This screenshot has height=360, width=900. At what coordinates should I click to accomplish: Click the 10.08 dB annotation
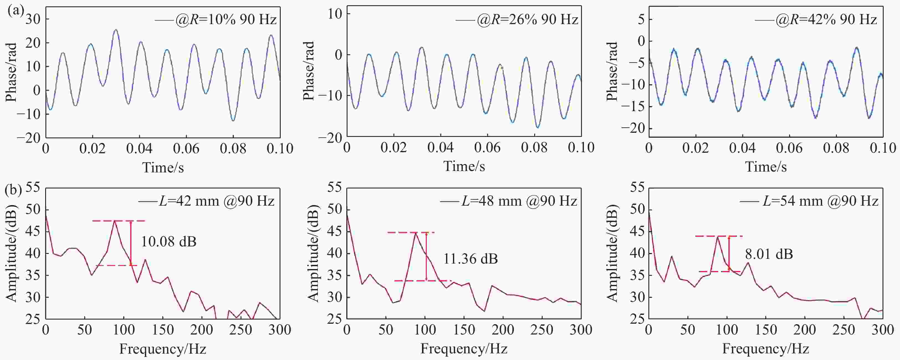click(x=169, y=241)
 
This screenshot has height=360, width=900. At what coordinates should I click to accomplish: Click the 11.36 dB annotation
click(x=471, y=259)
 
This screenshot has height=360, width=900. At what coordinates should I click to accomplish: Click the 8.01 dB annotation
click(x=769, y=254)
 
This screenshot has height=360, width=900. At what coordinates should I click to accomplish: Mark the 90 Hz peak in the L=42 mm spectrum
click(x=115, y=221)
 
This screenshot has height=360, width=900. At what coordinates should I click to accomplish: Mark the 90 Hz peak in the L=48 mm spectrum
click(x=415, y=233)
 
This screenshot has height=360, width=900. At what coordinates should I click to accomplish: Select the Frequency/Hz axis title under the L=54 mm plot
click(x=766, y=349)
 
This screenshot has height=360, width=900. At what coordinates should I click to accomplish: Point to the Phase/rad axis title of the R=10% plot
click(x=12, y=72)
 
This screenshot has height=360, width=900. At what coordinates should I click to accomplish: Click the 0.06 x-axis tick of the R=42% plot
click(x=789, y=148)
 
